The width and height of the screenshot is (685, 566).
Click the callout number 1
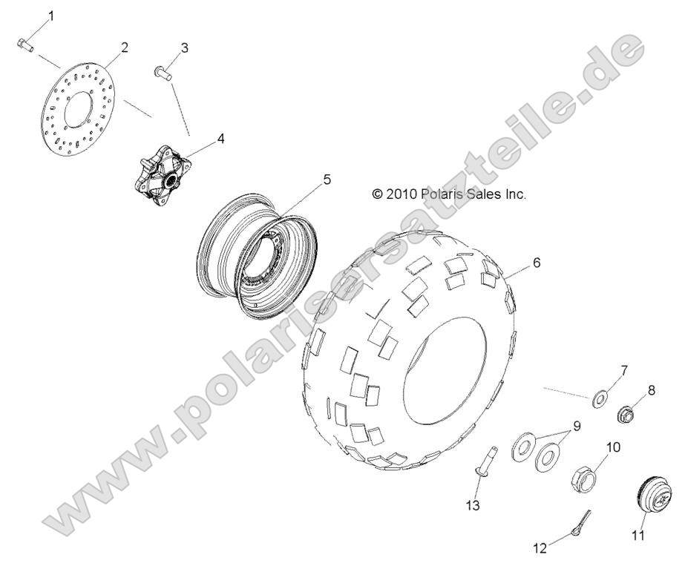52,14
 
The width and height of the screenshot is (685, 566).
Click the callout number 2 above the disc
124,47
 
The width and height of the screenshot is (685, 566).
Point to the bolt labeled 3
163,72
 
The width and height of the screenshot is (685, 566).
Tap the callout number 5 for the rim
285,180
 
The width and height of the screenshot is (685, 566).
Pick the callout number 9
575,427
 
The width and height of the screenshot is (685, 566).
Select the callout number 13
473,505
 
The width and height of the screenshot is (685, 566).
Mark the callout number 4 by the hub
200,138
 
